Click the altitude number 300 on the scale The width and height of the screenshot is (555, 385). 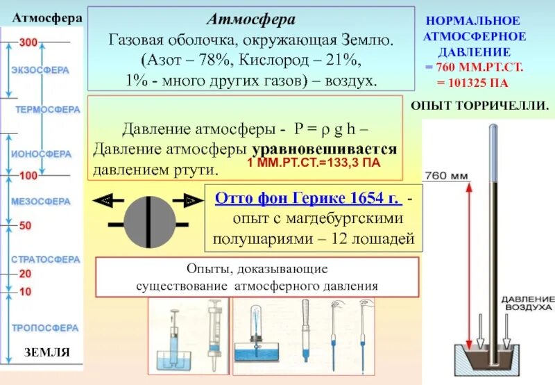[x=28, y=43]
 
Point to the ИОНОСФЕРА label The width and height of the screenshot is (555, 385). [x=41, y=154]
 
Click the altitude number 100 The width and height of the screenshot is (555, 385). [x=28, y=177]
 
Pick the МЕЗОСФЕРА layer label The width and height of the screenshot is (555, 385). [x=40, y=202]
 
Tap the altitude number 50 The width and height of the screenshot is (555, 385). [x=25, y=227]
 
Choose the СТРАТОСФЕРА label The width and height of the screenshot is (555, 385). [x=45, y=259]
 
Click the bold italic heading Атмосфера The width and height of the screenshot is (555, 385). [x=251, y=19]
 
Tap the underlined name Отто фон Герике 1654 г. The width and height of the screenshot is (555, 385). [x=308, y=199]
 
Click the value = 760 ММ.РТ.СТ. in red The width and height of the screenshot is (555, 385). [x=474, y=67]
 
